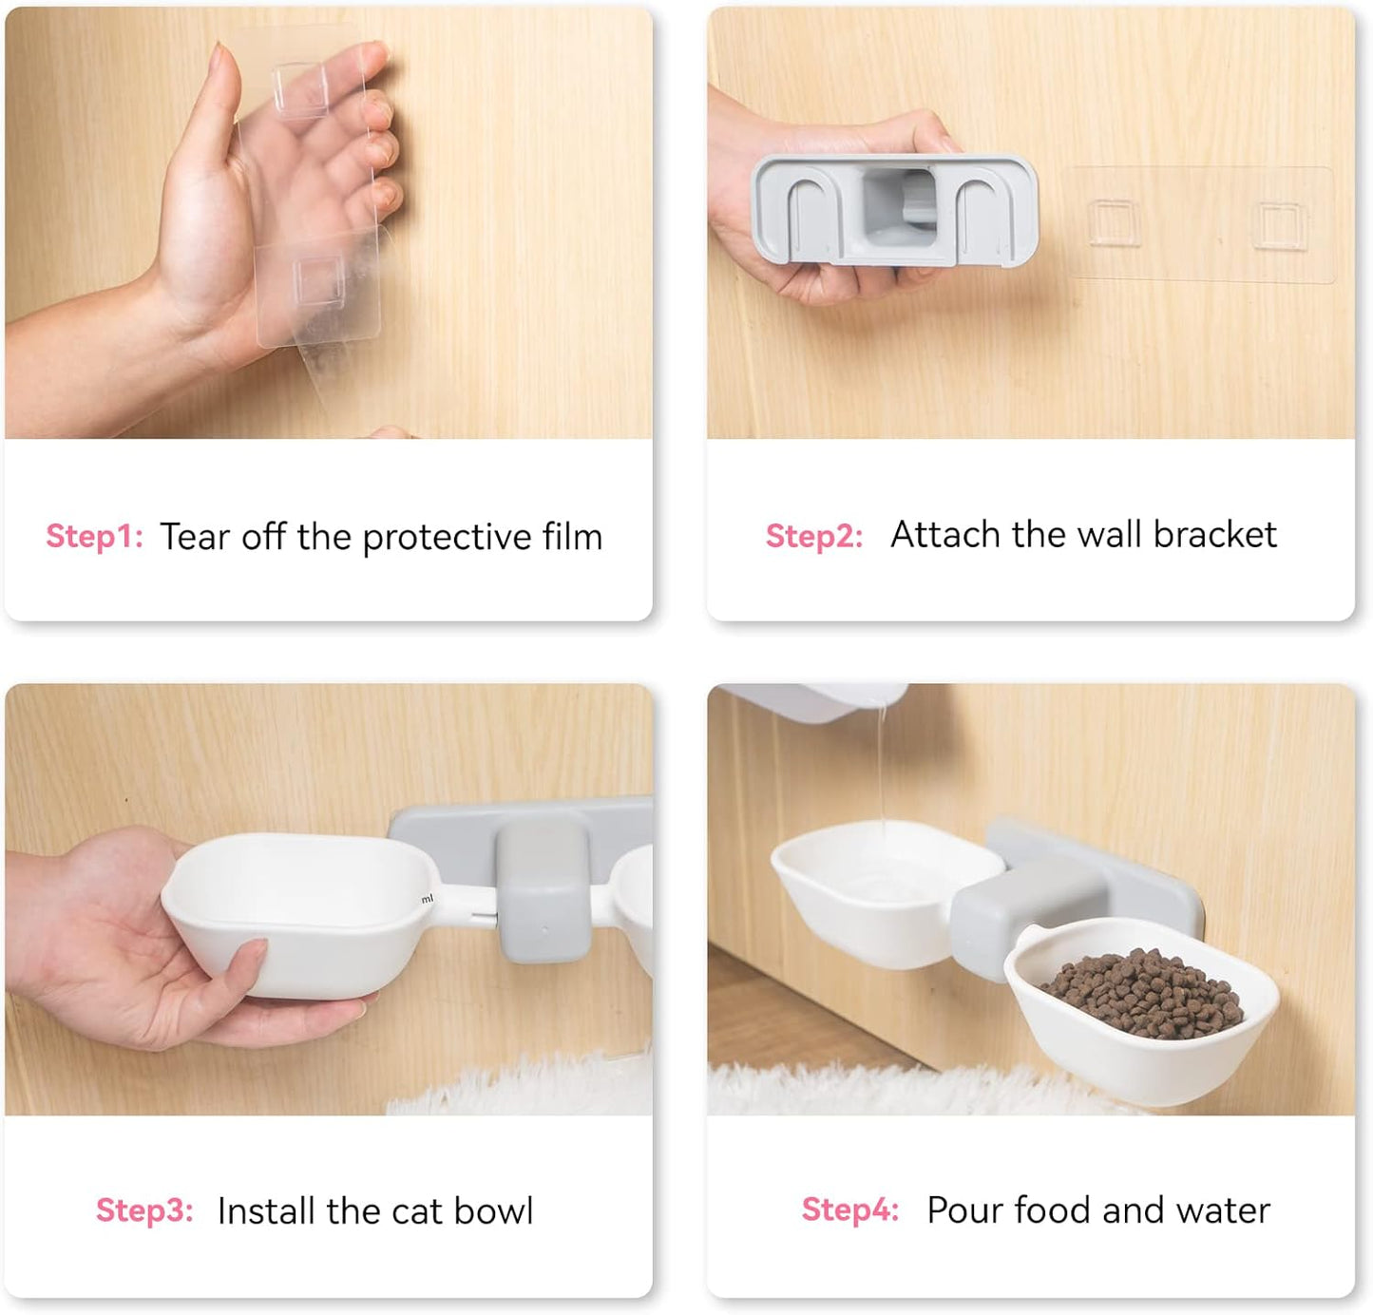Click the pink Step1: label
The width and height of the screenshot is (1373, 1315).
click(95, 536)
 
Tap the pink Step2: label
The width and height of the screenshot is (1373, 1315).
click(814, 536)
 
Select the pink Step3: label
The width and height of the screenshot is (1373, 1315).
click(144, 1210)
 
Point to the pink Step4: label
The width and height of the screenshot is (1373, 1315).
click(850, 1210)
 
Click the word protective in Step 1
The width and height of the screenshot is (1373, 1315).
click(447, 539)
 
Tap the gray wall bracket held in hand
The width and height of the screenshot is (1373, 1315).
click(895, 211)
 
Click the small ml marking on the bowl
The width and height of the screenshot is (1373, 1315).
click(427, 899)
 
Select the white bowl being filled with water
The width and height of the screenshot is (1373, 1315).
click(886, 892)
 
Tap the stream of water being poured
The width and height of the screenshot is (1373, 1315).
click(882, 766)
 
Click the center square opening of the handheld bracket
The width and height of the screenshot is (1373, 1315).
click(900, 209)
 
